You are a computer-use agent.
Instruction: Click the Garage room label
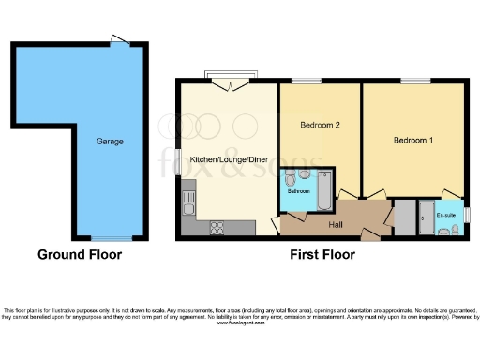click(110, 142)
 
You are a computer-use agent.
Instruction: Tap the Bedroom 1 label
click(412, 140)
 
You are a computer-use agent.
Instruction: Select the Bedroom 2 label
click(319, 125)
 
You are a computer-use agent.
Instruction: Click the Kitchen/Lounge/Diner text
click(228, 159)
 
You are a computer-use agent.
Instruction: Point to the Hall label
click(335, 224)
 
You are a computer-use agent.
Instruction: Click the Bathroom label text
click(299, 190)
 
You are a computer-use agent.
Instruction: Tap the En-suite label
click(445, 216)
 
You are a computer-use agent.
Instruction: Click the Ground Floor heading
click(80, 254)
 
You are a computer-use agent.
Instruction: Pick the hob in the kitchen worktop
click(218, 226)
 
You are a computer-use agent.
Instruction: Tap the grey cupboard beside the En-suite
click(404, 217)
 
